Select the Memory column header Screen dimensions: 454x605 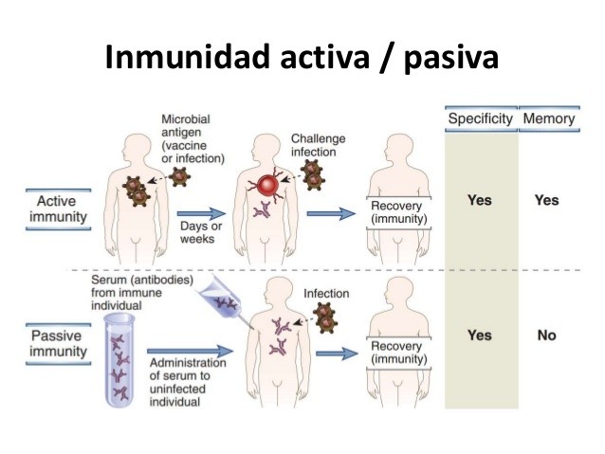click(x=548, y=119)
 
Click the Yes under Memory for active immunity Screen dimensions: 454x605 click(x=547, y=200)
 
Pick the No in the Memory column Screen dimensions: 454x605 click(x=547, y=336)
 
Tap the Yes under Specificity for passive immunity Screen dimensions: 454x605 click(x=480, y=336)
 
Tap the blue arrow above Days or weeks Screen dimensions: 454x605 click(x=202, y=214)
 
